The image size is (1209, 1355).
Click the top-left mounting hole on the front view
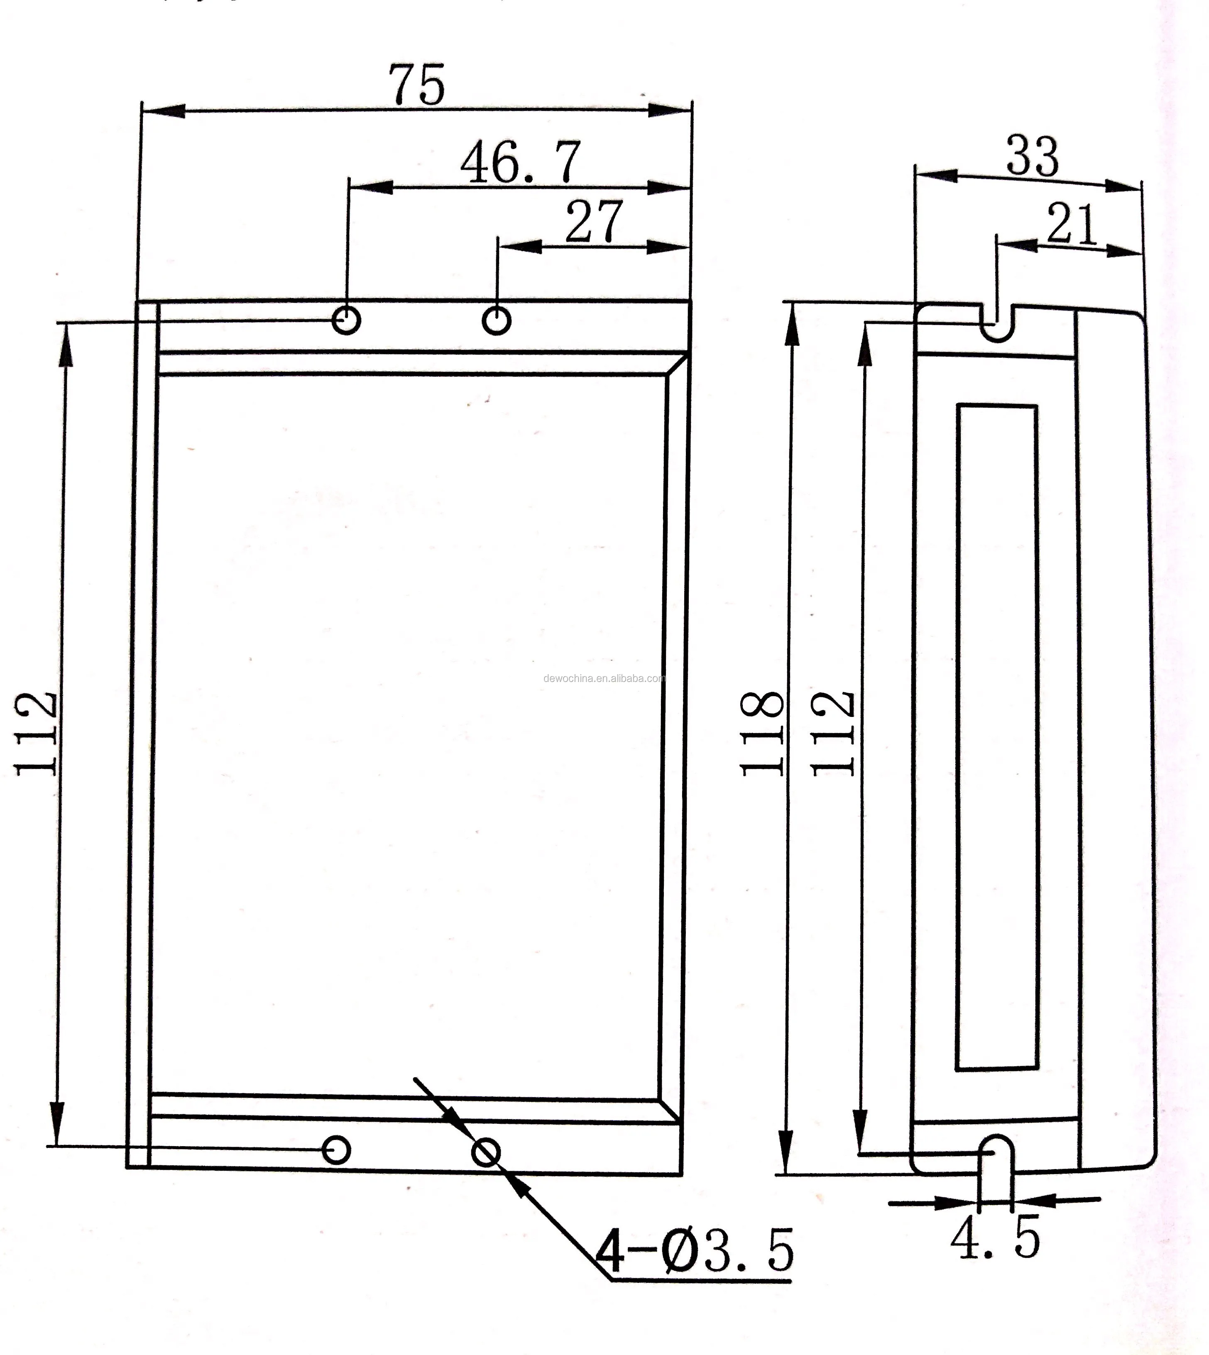(346, 320)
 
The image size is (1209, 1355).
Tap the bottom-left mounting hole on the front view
(336, 1149)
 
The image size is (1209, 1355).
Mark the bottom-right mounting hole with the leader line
(486, 1152)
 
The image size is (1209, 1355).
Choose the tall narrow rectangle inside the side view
(996, 737)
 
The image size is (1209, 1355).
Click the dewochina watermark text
(604, 678)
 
